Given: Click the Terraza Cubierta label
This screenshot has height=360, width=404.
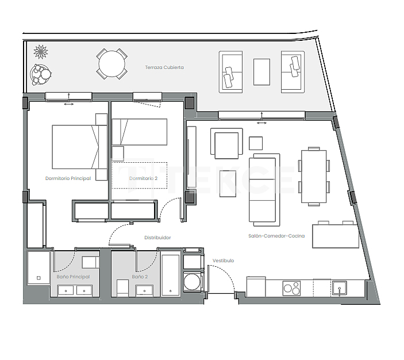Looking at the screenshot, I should coord(164,67).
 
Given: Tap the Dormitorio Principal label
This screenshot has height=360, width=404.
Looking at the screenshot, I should coord(68,179).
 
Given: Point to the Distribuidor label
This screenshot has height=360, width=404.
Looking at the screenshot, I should coord(157,237).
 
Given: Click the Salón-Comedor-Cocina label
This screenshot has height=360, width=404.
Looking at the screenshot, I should coord(276,236).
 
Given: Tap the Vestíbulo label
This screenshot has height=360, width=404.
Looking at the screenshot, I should coord(223,261).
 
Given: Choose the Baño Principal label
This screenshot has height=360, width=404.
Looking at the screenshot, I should coord(73,277).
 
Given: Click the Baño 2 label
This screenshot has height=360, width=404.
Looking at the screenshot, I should coord(140,277).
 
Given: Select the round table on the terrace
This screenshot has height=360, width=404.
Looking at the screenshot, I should coord(112,63).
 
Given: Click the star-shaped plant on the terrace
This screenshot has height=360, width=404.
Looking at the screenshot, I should coord(41,52).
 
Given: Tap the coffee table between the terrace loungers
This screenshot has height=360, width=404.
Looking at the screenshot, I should coord(261,71).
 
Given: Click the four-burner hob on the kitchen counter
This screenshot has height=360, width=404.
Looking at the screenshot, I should coord(291,287).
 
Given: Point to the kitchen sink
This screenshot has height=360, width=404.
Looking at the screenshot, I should coord(339,287).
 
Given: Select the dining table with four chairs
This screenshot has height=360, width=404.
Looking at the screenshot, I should coord(314,177).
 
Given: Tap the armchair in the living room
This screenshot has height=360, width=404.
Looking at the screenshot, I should coord(225,144).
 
